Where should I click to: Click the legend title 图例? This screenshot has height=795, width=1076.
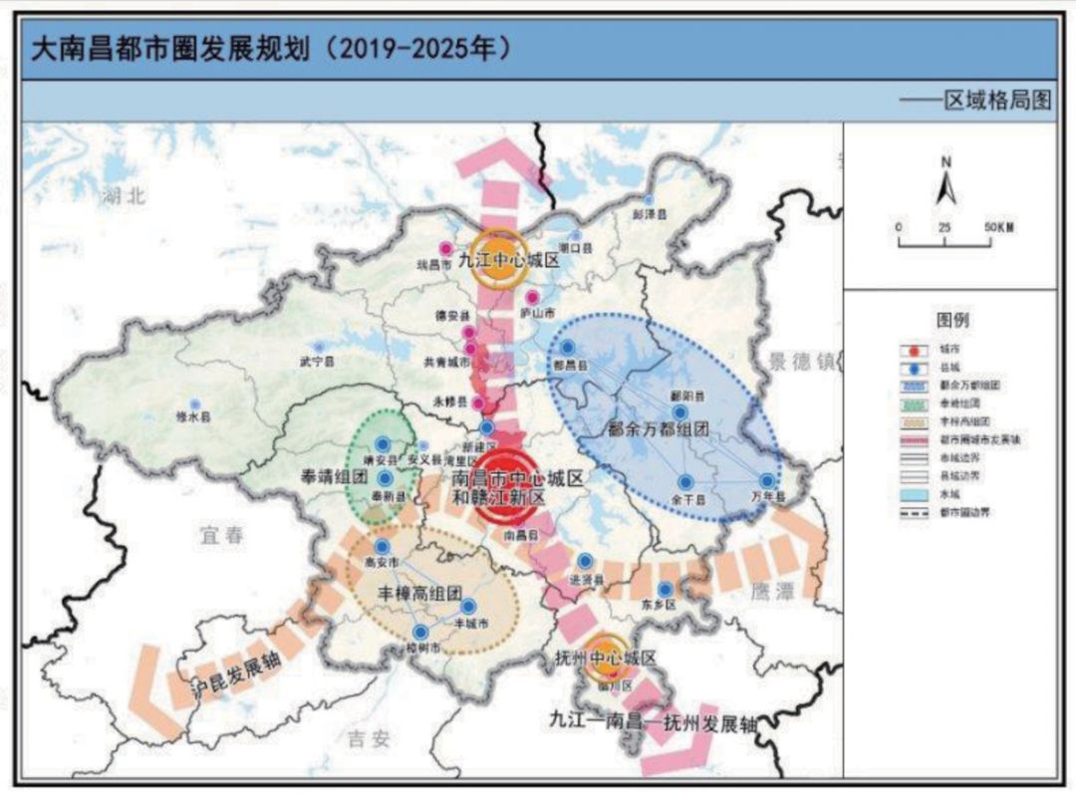pos(952,321)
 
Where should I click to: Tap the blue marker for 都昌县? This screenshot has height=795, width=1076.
pos(568,347)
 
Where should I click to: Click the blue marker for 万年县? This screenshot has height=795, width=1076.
pos(766,480)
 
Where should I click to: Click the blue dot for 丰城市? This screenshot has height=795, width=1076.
pos(467,606)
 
